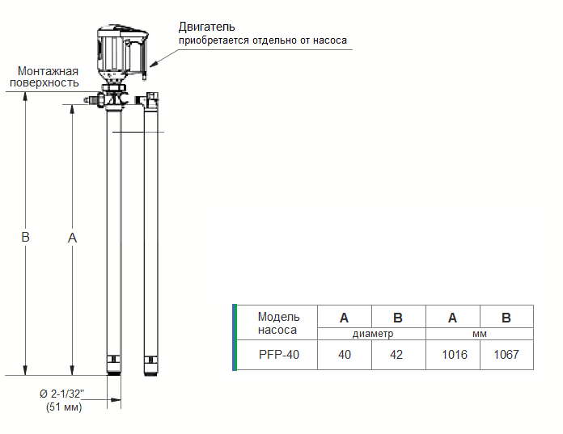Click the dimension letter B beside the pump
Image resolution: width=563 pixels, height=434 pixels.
(26, 238)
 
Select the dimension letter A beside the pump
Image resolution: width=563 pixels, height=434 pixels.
(72, 238)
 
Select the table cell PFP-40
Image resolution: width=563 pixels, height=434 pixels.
(278, 354)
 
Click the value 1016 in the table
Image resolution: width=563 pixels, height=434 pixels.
(452, 354)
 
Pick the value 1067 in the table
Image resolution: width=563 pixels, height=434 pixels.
(506, 354)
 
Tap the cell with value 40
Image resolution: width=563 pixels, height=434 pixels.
(345, 354)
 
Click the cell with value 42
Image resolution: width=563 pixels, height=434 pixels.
(398, 354)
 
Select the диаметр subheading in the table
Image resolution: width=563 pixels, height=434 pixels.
(371, 333)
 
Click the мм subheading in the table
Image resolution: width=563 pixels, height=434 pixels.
(479, 333)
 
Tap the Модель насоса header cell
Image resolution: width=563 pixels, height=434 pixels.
(278, 322)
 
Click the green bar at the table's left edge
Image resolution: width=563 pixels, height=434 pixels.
(235, 337)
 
